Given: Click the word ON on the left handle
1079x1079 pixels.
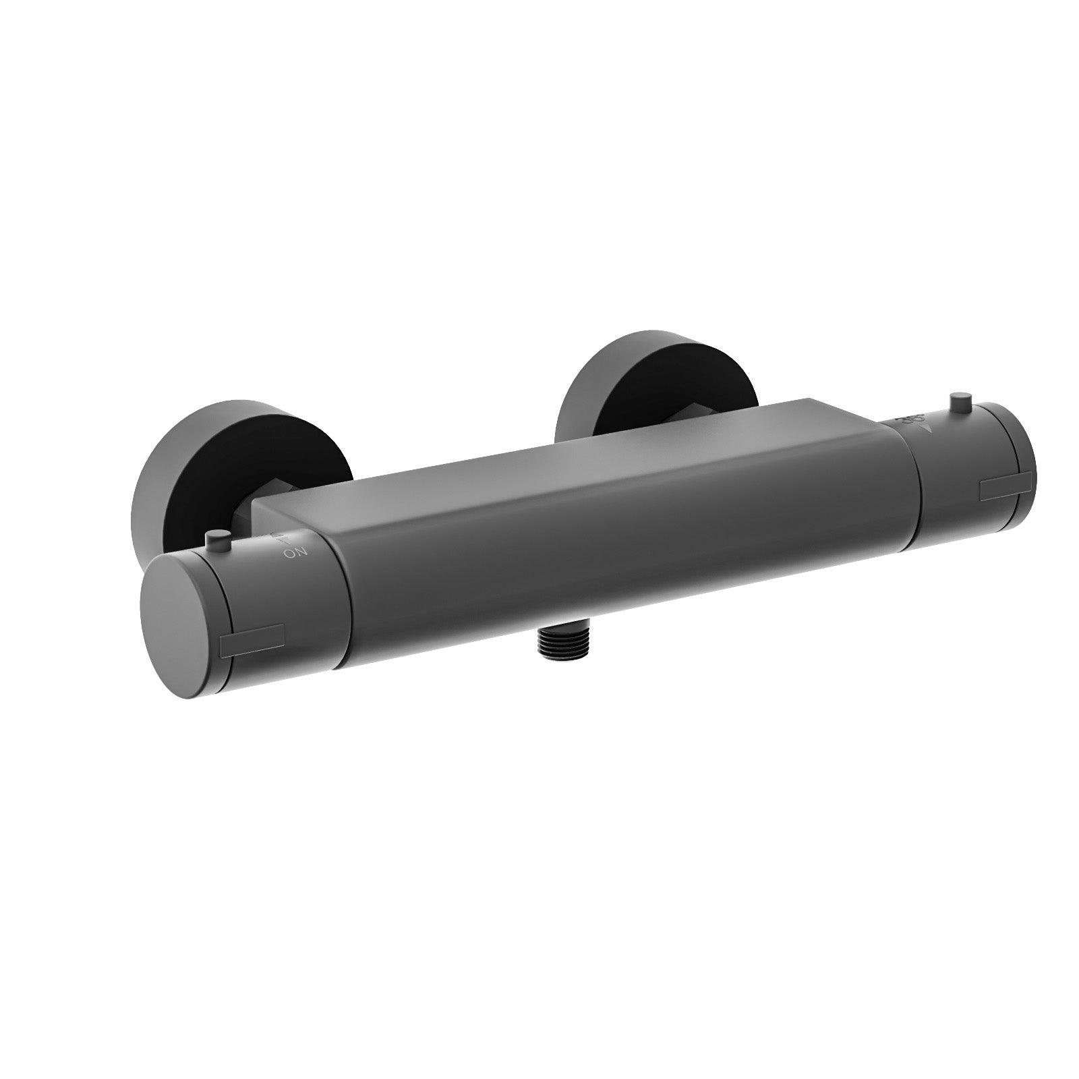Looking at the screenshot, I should pos(295,554).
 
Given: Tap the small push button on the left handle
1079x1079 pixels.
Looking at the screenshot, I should pos(216,539).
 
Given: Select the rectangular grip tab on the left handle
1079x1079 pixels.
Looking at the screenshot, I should pos(252,638).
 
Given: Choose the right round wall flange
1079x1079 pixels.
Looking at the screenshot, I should pos(607,378).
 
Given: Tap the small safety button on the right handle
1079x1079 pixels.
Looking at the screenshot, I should pos(958,404).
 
